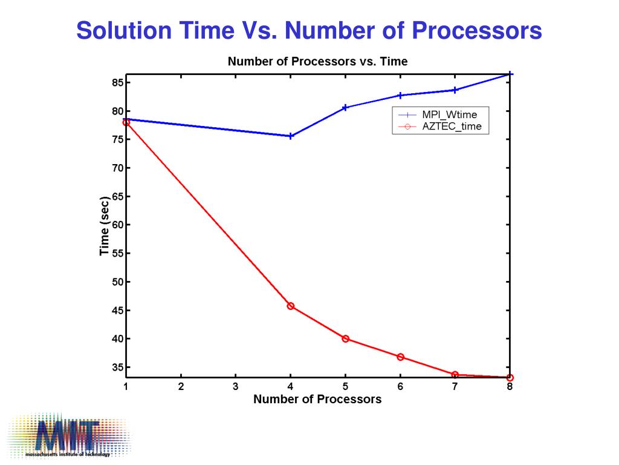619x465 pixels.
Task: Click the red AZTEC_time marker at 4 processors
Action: pyautogui.click(x=291, y=306)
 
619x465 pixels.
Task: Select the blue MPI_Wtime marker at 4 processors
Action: pyautogui.click(x=291, y=136)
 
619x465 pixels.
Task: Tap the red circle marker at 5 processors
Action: pyautogui.click(x=346, y=338)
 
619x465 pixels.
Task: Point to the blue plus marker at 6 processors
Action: pyautogui.click(x=400, y=95)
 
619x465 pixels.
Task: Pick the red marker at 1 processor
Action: pyautogui.click(x=126, y=122)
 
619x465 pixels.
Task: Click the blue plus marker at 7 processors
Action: pyautogui.click(x=455, y=90)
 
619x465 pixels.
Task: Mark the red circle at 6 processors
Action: pyautogui.click(x=400, y=357)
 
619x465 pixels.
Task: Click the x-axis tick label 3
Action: pyautogui.click(x=236, y=387)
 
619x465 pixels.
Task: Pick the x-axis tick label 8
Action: pyautogui.click(x=510, y=387)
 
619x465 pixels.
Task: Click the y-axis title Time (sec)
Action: pyautogui.click(x=105, y=226)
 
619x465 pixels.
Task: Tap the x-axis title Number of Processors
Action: pyautogui.click(x=317, y=399)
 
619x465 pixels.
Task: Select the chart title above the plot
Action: pyautogui.click(x=317, y=61)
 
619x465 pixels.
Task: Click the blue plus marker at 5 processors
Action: pyautogui.click(x=346, y=107)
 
